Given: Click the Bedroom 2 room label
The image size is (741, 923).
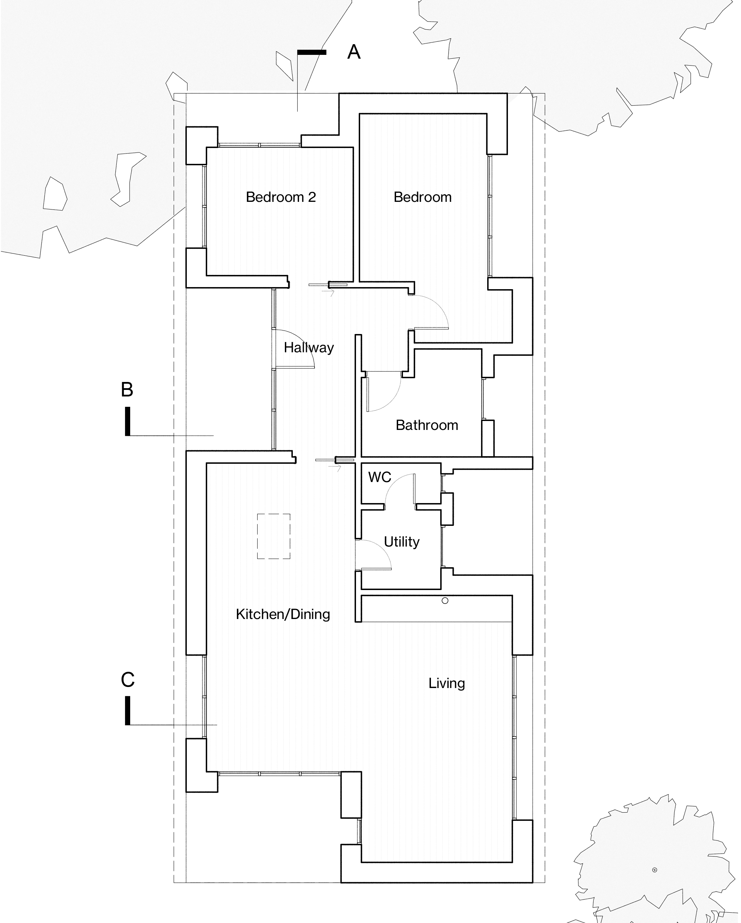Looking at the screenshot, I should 281,197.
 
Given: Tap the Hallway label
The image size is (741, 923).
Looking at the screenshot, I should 308,347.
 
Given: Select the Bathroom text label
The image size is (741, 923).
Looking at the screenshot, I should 427,425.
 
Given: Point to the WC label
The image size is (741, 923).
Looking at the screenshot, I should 379,477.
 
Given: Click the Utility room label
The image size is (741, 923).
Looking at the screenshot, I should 401,542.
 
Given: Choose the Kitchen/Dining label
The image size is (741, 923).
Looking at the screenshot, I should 283,614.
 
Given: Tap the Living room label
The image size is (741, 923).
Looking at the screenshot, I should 447,683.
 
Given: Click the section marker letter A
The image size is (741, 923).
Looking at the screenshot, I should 354,52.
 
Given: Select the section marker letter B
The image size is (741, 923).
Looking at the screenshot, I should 127,390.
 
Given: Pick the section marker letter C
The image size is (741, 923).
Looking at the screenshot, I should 128,680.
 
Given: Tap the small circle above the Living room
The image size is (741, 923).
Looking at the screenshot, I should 445,601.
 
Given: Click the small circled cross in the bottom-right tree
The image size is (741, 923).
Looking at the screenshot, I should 654,870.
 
